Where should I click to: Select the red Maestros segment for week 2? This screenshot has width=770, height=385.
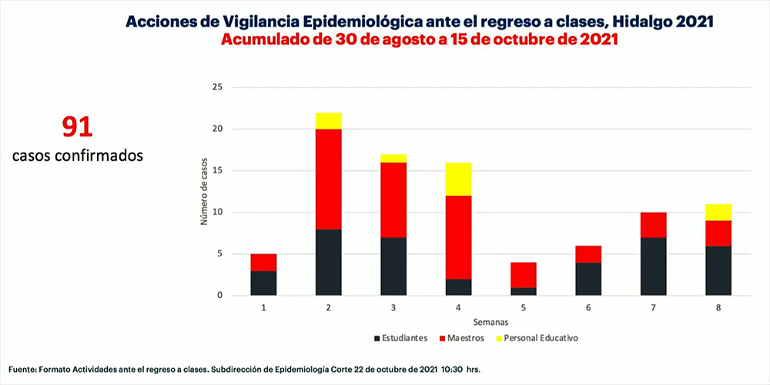pos(329,179)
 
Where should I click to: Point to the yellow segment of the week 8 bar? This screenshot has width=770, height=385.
pos(717,213)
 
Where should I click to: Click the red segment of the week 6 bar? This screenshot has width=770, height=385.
pos(589,254)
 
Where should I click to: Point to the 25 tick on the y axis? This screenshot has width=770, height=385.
pos(218,88)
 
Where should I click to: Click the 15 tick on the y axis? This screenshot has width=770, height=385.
pos(218,171)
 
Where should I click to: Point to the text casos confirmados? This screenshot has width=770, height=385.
pos(78,155)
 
